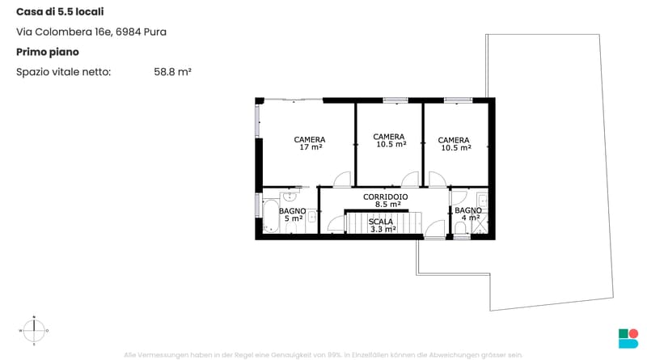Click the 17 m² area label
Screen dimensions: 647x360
pyautogui.click(x=311, y=147)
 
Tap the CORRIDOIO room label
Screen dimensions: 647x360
pyautogui.click(x=386, y=197)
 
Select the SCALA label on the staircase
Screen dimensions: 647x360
pyautogui.click(x=380, y=222)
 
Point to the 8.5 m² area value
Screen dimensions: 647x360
pyautogui.click(x=388, y=204)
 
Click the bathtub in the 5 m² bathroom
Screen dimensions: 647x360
pyautogui.click(x=271, y=215)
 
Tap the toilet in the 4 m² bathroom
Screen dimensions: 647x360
pyautogui.click(x=460, y=227)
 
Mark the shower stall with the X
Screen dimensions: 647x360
pyautogui.click(x=480, y=224)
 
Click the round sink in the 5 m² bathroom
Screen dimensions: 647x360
pyautogui.click(x=290, y=195)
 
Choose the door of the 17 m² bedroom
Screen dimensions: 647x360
pyautogui.click(x=342, y=179)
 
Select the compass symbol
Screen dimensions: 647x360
pyautogui.click(x=34, y=330)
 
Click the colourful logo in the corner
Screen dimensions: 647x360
pyautogui.click(x=628, y=338)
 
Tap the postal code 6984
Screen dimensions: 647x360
pyautogui.click(x=129, y=32)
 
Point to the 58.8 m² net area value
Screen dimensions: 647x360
pyautogui.click(x=172, y=72)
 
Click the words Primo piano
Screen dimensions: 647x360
pyautogui.click(x=48, y=52)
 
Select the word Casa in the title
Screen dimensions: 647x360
pyautogui.click(x=29, y=11)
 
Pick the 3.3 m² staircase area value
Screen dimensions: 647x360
pyautogui.click(x=383, y=229)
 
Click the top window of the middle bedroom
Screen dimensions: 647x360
pyautogui.click(x=395, y=100)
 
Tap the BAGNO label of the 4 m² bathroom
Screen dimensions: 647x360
pyautogui.click(x=468, y=210)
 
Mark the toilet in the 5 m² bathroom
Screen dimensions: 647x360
pyautogui.click(x=291, y=227)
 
